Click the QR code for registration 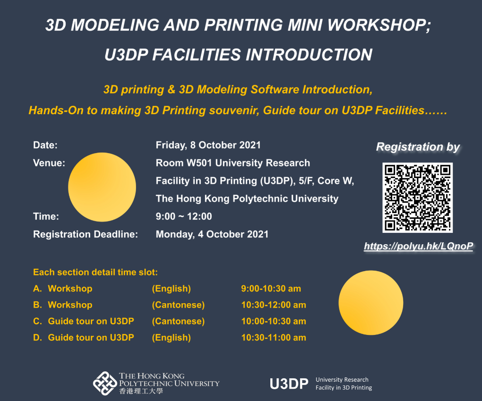click(417, 197)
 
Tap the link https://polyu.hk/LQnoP click(418, 246)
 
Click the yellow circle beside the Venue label click(102, 187)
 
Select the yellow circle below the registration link click(371, 303)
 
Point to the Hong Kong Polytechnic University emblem click(104, 383)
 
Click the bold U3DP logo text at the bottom click(289, 384)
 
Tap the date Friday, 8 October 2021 click(208, 145)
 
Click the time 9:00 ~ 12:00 click(184, 216)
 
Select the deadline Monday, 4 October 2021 click(212, 234)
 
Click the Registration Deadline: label click(86, 234)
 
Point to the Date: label click(45, 145)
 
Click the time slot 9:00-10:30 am click(271, 289)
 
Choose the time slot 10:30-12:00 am click(273, 305)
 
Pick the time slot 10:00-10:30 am click(273, 321)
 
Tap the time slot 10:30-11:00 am click(273, 337)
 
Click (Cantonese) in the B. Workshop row click(178, 305)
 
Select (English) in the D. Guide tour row click(171, 337)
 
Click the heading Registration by click(418, 147)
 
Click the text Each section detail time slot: click(95, 273)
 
